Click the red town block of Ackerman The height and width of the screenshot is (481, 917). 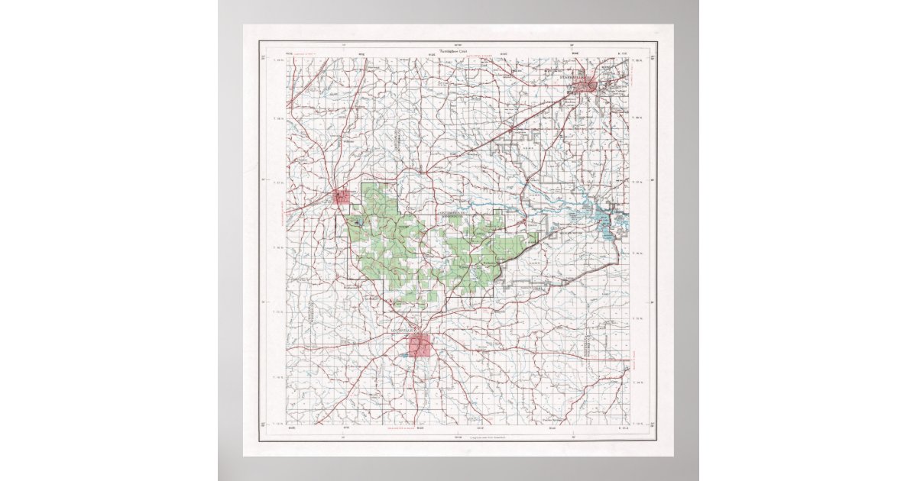tap(342, 196)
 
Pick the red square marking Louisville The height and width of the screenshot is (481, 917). tap(419, 344)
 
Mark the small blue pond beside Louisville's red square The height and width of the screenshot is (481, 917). tap(405, 354)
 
